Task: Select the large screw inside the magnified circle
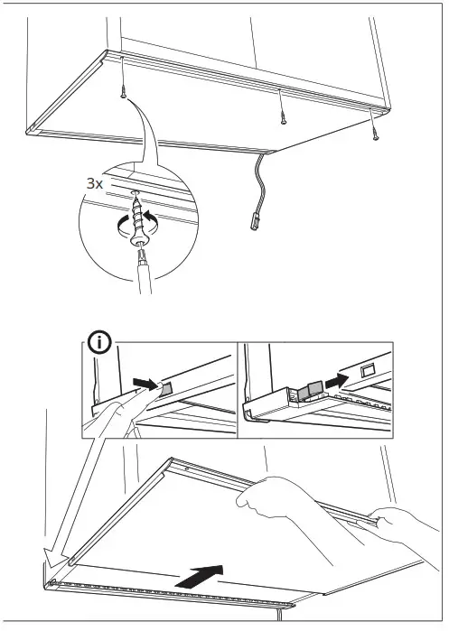[x=137, y=218]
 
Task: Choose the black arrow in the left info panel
[x=144, y=384]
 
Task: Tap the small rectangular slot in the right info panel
[x=367, y=370]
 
